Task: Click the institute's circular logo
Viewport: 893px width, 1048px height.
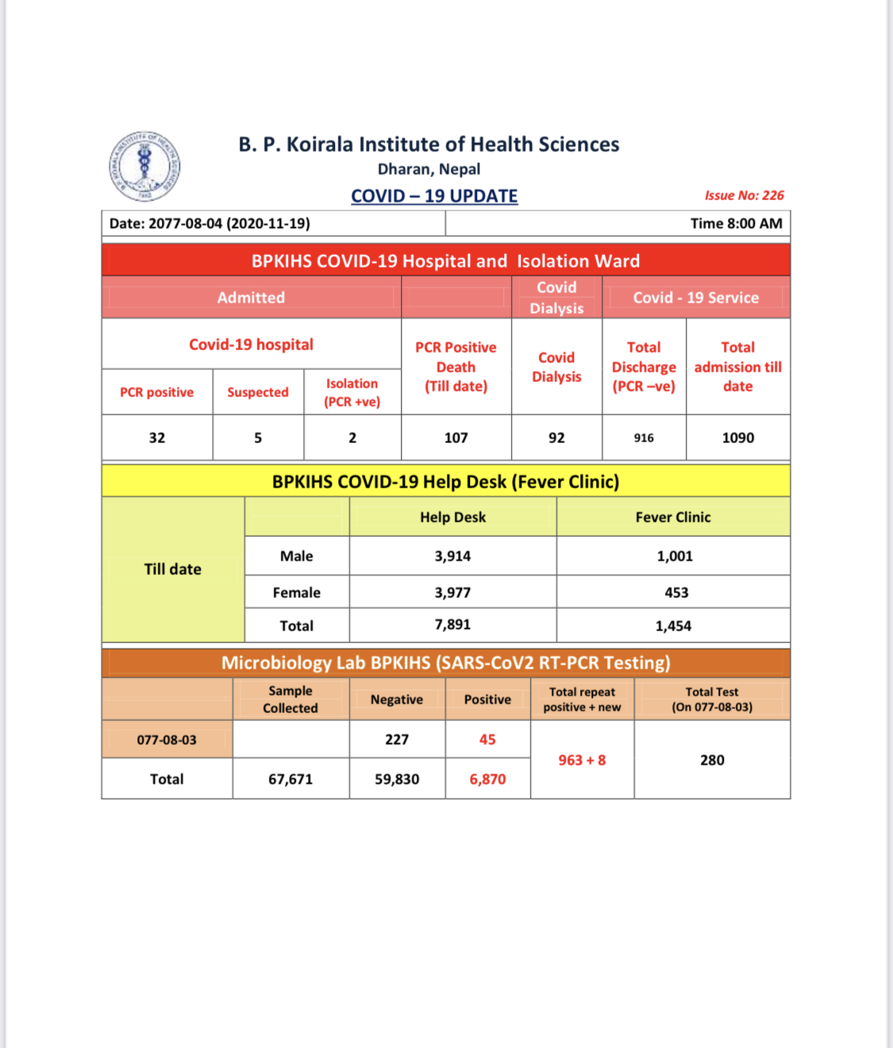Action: point(144,166)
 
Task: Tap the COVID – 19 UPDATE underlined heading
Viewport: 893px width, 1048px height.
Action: point(434,196)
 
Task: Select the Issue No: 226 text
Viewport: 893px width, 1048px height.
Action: point(744,195)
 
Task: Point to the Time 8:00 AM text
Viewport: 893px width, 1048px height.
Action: point(736,224)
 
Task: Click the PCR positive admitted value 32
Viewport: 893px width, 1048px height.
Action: point(157,437)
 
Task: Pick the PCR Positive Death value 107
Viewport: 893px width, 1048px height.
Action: point(456,437)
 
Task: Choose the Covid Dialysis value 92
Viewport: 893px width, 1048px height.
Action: point(556,437)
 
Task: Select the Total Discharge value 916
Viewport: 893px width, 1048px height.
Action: point(644,438)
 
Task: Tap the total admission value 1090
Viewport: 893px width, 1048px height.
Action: point(737,437)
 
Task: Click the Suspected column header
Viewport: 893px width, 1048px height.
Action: point(258,392)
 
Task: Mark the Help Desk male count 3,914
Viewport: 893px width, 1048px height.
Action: point(452,557)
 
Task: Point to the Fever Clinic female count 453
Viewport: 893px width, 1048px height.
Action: point(676,592)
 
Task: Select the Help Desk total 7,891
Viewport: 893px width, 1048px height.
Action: point(452,625)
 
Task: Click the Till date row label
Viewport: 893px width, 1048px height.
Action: point(172,569)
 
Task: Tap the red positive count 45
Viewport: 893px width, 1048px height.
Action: point(487,740)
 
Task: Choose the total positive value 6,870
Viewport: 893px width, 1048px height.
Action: point(487,780)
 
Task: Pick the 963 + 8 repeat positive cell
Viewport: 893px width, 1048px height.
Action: point(582,761)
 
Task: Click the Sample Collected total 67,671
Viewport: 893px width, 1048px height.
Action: point(291,780)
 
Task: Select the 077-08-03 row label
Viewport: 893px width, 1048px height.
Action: point(167,740)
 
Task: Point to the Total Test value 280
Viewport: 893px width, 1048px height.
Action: point(712,761)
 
